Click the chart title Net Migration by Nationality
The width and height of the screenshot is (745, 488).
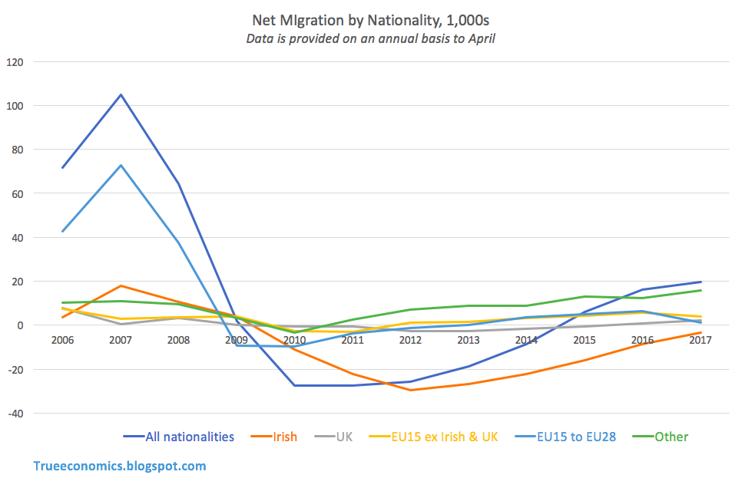pos(371,17)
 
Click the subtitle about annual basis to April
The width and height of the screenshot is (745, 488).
pos(371,38)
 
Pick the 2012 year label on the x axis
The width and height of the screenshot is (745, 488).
pos(410,339)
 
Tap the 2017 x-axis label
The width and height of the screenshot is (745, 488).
pos(700,339)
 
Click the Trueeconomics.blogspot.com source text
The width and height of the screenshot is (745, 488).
pos(120,466)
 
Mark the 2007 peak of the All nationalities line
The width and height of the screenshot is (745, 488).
pos(121,95)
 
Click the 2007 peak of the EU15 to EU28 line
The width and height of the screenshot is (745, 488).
pos(121,165)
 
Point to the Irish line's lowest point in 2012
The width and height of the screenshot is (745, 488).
pos(410,390)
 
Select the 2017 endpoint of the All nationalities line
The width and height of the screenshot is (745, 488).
pos(700,282)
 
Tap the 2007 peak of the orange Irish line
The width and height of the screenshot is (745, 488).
pos(121,285)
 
